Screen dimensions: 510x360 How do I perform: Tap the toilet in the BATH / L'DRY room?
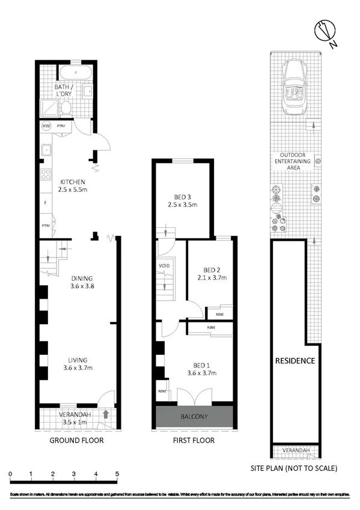pyautogui.click(x=67, y=108)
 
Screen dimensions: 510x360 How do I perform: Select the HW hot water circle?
pyautogui.click(x=46, y=126)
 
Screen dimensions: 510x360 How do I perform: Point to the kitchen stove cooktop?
pyautogui.click(x=45, y=175)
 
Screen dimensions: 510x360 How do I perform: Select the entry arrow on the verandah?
pyautogui.click(x=106, y=414)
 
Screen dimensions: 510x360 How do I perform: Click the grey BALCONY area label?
pyautogui.click(x=194, y=417)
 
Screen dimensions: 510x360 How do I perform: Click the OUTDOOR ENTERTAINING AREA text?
pyautogui.click(x=293, y=161)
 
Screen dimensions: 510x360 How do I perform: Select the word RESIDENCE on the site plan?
pyautogui.click(x=295, y=361)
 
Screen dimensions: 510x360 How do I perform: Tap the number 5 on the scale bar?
pyautogui.click(x=117, y=475)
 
